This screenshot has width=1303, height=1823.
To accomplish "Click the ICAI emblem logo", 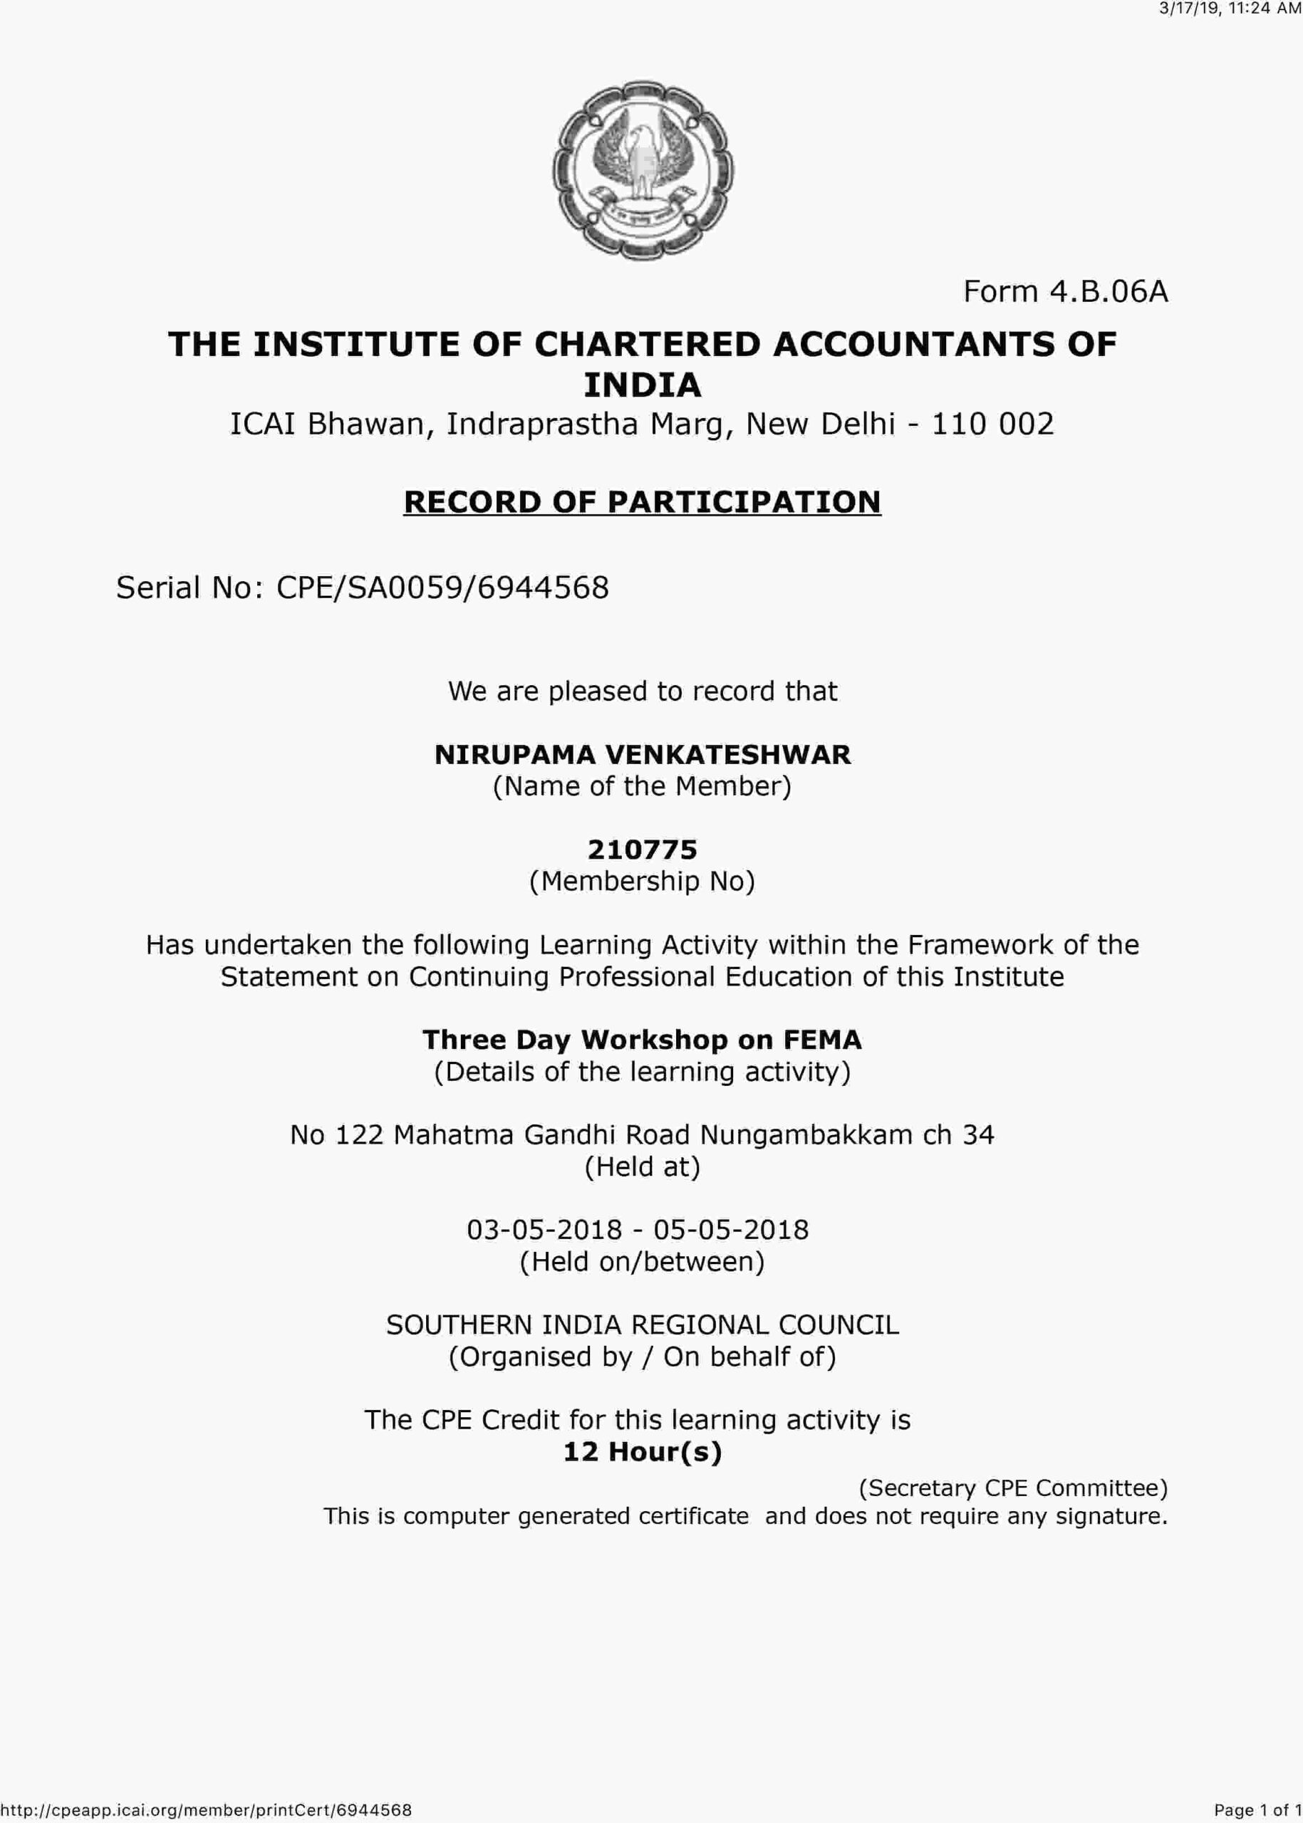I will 643,171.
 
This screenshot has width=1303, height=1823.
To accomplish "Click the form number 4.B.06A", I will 1065,291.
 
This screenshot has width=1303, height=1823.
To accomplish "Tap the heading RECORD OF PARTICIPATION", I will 642,502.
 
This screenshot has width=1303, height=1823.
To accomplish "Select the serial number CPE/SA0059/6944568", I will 442,588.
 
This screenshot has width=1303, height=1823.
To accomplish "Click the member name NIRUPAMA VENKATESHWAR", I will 643,755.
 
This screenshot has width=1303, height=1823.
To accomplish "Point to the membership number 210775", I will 643,850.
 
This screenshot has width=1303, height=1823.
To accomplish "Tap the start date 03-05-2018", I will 545,1230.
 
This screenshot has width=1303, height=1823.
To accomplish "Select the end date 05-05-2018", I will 731,1230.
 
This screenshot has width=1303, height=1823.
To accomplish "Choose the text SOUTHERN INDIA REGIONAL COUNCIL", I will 643,1324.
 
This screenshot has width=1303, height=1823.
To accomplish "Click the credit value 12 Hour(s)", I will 643,1452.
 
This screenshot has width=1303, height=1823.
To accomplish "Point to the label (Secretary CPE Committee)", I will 1013,1488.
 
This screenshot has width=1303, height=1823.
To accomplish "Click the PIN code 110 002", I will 992,424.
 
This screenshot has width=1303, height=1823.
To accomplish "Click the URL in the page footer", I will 206,1809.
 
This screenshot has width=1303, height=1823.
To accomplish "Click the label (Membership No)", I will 643,882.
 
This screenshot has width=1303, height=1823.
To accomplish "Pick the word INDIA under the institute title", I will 643,385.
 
